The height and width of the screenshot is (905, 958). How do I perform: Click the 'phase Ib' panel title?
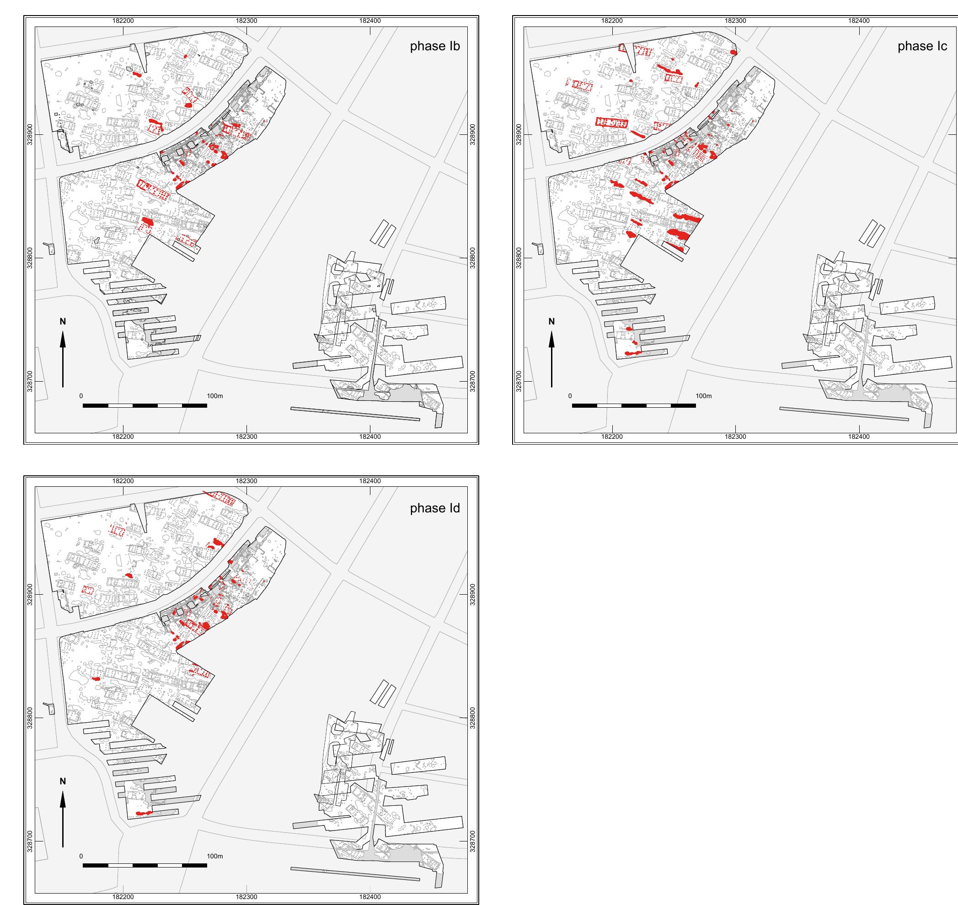434,46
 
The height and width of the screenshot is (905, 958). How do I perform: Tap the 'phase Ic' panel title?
922,46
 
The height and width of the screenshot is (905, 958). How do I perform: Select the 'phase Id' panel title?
434,508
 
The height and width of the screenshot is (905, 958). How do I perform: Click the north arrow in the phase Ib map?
63,359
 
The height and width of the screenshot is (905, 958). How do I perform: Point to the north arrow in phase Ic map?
552,359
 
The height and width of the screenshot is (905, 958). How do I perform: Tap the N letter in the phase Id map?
63,782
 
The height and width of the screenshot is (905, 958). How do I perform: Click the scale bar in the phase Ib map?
145,406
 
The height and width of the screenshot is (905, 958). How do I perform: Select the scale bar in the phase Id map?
145,865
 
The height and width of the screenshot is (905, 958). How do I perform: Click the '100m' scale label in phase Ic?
703,396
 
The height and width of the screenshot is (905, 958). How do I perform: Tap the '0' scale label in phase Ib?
81,396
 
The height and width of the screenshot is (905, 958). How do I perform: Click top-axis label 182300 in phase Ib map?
246,21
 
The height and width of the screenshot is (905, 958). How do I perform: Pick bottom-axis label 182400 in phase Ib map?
370,437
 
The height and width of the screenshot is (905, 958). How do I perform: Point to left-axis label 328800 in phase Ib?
30,258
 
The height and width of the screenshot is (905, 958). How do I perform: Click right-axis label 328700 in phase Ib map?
472,381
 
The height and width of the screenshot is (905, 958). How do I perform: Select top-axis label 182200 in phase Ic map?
612,21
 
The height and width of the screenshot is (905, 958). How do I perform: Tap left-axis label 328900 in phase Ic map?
519,134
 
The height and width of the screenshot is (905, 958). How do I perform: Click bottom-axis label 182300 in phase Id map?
246,897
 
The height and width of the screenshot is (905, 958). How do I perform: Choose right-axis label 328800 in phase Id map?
472,719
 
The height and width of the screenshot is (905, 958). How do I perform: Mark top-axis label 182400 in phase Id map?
370,481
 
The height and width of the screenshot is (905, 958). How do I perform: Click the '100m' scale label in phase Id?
215,856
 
